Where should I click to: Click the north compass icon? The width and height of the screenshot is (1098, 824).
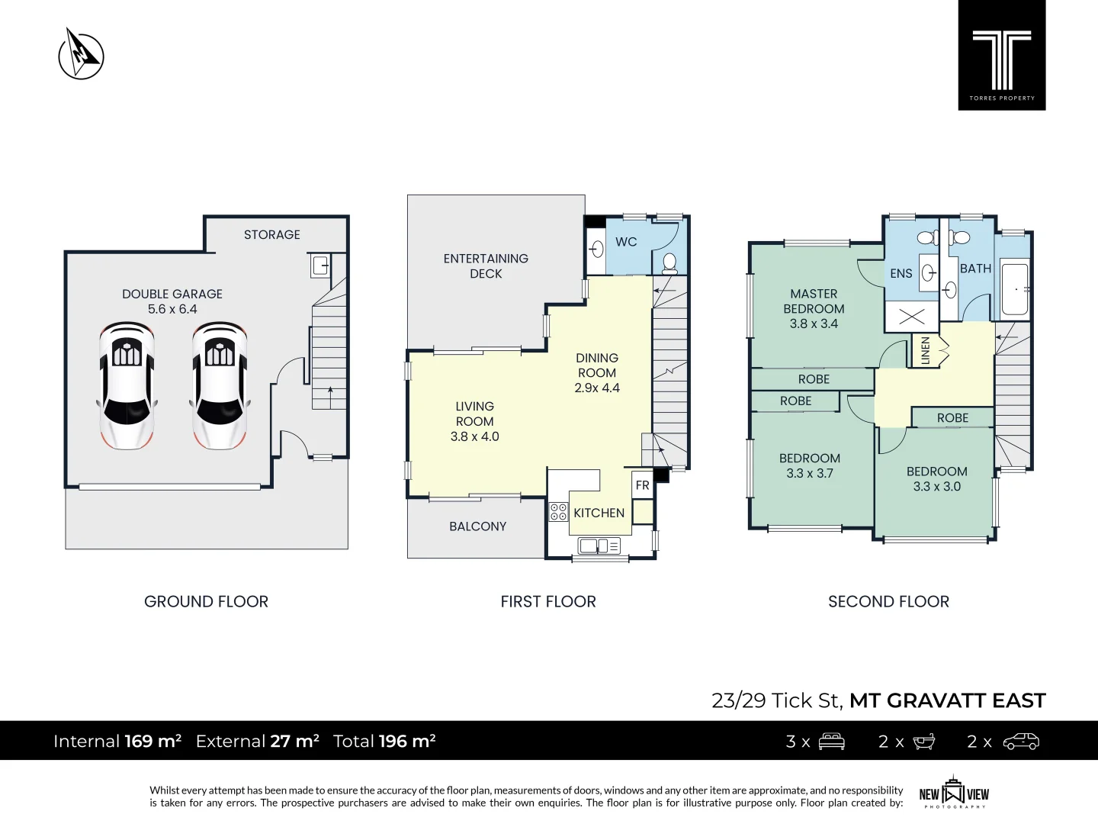coord(81,55)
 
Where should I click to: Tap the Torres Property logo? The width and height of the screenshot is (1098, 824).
coord(1001,56)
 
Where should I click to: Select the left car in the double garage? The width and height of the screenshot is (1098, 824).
coord(127,385)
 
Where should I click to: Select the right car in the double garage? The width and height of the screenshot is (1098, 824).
coord(220,385)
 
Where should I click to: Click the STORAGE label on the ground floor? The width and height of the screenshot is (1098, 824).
coord(271,235)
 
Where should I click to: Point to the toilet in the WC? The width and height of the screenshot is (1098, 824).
coord(669,264)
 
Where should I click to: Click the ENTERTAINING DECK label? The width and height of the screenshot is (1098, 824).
coord(486,266)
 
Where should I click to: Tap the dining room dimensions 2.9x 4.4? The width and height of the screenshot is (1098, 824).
coord(597,388)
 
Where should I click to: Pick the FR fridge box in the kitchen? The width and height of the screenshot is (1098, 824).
coord(643,485)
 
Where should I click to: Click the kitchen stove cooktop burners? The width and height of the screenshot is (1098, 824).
coord(558,512)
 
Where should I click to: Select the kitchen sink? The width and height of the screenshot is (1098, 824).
coord(599,546)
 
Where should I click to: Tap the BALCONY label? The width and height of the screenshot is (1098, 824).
coord(477,526)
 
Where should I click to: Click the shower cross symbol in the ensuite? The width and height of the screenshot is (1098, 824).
coord(911,317)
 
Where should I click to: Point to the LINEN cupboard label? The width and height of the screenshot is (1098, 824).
coord(925,350)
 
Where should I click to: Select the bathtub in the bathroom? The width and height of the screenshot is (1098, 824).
coord(1014,289)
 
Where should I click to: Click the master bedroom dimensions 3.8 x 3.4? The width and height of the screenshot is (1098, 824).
coord(814,323)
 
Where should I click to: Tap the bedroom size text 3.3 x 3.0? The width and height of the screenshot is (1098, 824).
coord(936,487)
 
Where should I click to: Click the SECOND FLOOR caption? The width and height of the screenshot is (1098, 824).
coord(888,602)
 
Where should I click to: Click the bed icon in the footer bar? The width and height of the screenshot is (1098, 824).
coord(831,742)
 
